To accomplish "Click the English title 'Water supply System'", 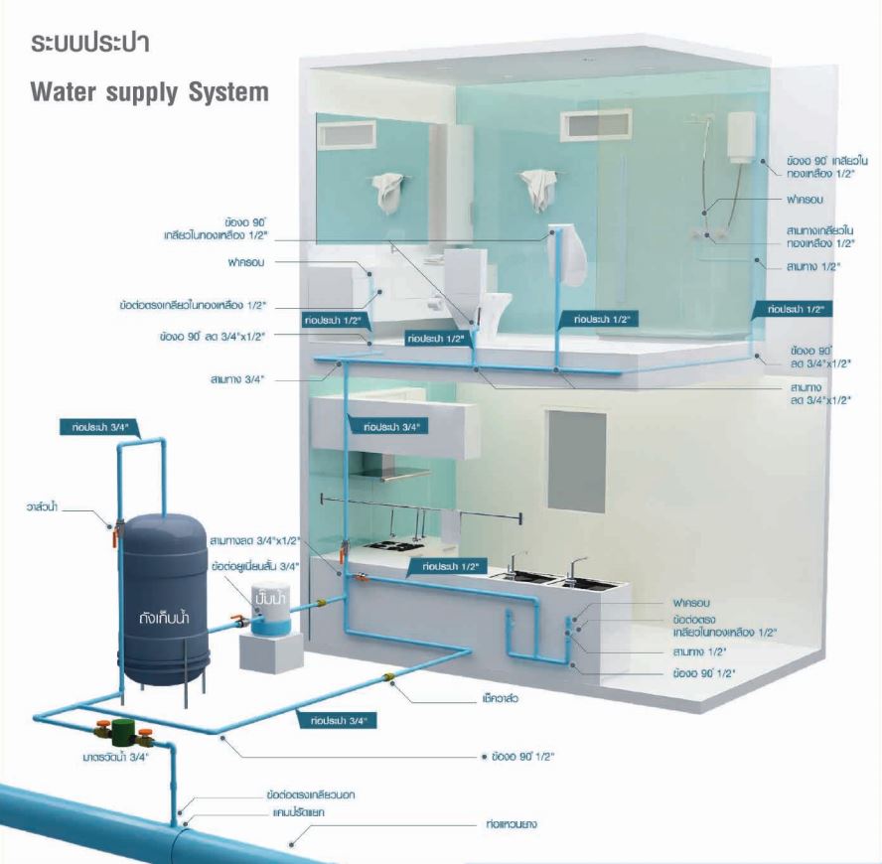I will click(149, 92).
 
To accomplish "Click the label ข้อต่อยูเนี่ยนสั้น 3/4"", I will click(255, 566).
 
